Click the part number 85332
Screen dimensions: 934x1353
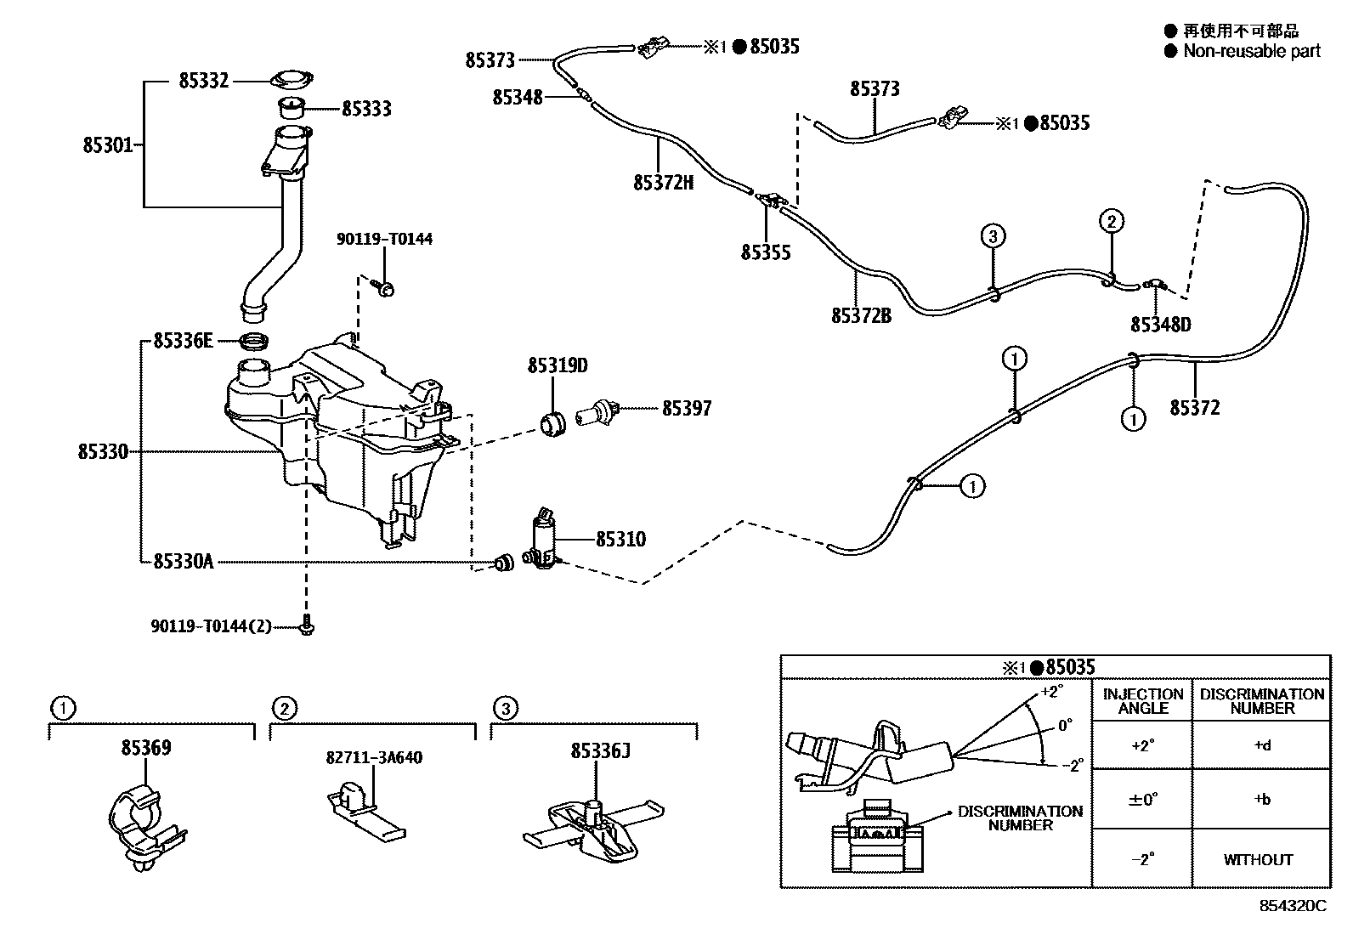tap(203, 82)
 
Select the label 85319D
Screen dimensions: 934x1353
tap(558, 366)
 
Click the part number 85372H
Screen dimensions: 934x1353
tap(663, 182)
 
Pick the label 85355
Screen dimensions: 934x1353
tap(765, 252)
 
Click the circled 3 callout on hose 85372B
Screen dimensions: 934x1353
tap(993, 235)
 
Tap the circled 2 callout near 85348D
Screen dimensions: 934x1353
tap(1111, 222)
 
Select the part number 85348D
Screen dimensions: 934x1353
tap(1160, 325)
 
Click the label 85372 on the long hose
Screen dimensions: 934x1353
tap(1194, 408)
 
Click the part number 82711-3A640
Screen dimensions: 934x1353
tap(374, 757)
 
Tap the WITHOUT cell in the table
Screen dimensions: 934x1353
tap(1258, 859)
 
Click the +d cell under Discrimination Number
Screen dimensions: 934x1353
tap(1261, 745)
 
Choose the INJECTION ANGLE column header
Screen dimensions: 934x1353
tap(1142, 700)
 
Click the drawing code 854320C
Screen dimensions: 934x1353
tap(1292, 906)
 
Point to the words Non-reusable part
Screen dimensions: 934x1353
tap(1252, 51)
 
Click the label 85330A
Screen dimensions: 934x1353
tap(183, 561)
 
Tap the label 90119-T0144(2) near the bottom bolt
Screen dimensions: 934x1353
tap(211, 626)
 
